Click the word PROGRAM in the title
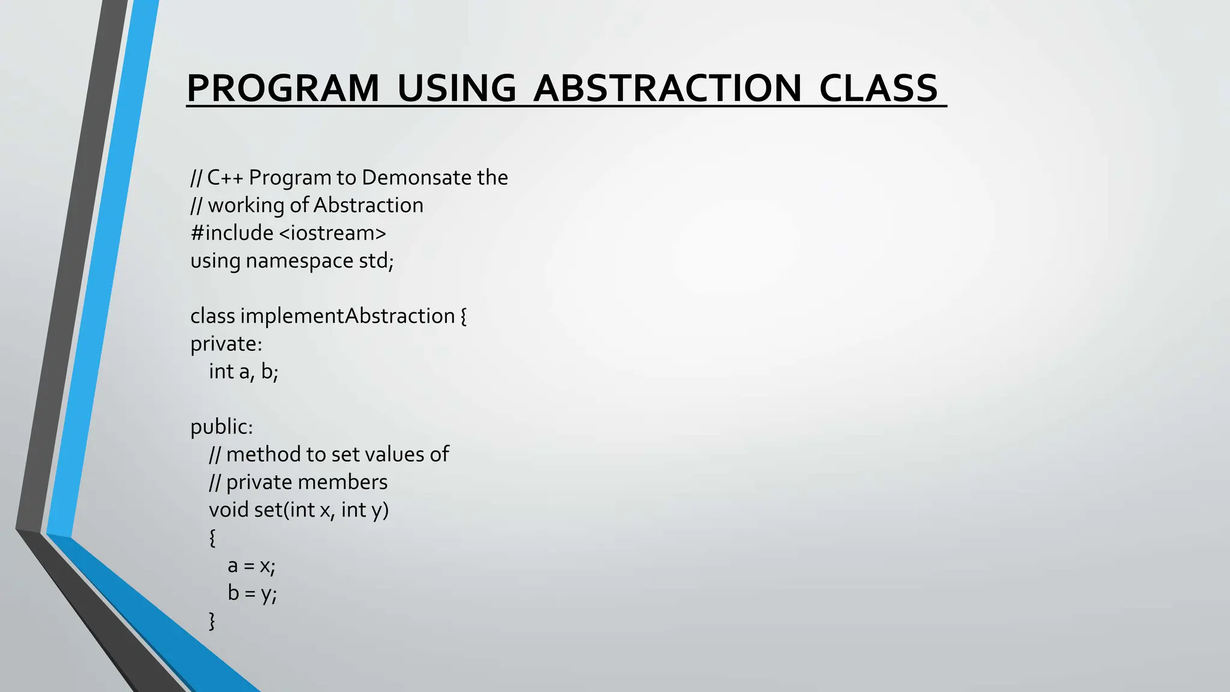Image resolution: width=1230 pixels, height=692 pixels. (x=282, y=88)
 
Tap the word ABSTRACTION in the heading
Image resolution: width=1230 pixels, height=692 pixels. (x=667, y=88)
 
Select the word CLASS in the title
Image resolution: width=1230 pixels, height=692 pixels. (x=878, y=88)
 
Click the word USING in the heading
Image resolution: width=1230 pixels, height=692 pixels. (x=456, y=88)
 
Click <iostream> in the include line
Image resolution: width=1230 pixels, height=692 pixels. (x=333, y=233)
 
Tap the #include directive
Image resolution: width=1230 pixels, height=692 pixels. (x=232, y=233)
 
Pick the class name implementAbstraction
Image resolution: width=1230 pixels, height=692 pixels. (x=348, y=316)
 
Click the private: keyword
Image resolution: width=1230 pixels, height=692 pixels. (x=226, y=344)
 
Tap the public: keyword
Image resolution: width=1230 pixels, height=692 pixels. (x=222, y=427)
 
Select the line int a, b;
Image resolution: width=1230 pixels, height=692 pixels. (x=243, y=372)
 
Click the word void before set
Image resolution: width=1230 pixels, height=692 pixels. (x=228, y=510)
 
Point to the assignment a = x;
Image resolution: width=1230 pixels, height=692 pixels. (x=251, y=566)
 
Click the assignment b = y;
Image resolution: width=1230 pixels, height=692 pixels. (x=252, y=593)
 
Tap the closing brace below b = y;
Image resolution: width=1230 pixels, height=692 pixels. (x=212, y=621)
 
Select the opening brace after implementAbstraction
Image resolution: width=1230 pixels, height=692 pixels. (x=463, y=317)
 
